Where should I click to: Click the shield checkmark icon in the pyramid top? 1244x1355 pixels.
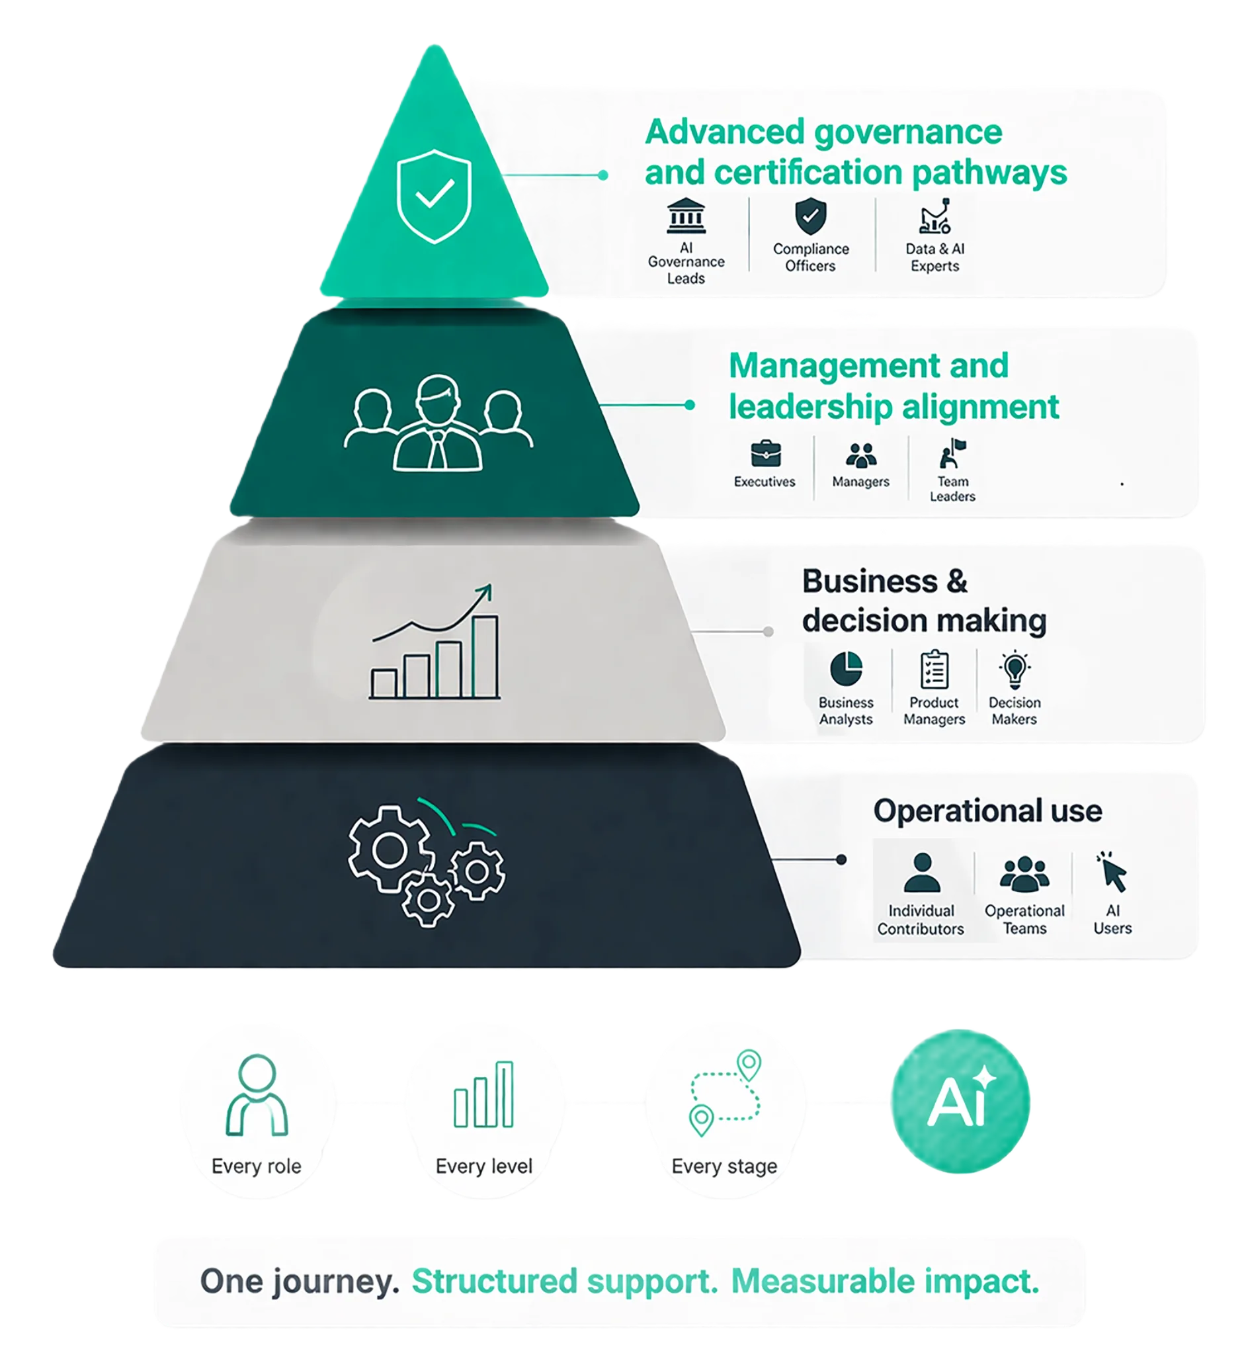tap(435, 196)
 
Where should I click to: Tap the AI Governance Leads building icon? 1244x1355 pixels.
tap(686, 216)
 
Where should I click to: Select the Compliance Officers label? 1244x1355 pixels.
tap(811, 257)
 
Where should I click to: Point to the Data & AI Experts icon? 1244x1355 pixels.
tap(934, 216)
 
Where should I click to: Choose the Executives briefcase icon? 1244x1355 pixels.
tap(765, 454)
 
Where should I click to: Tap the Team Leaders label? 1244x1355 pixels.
tap(952, 489)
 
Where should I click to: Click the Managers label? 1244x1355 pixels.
tap(860, 482)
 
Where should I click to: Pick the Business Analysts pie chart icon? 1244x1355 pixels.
tap(846, 668)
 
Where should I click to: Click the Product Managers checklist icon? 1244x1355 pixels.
tap(934, 669)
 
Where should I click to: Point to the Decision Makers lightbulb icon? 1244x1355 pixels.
tap(1015, 669)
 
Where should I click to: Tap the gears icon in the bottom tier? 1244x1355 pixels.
tap(427, 866)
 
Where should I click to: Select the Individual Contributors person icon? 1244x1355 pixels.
tap(921, 873)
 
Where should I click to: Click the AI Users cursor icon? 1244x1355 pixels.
tap(1112, 873)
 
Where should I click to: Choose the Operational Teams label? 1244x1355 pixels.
tap(1024, 919)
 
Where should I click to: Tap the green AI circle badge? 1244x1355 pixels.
tap(960, 1102)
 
